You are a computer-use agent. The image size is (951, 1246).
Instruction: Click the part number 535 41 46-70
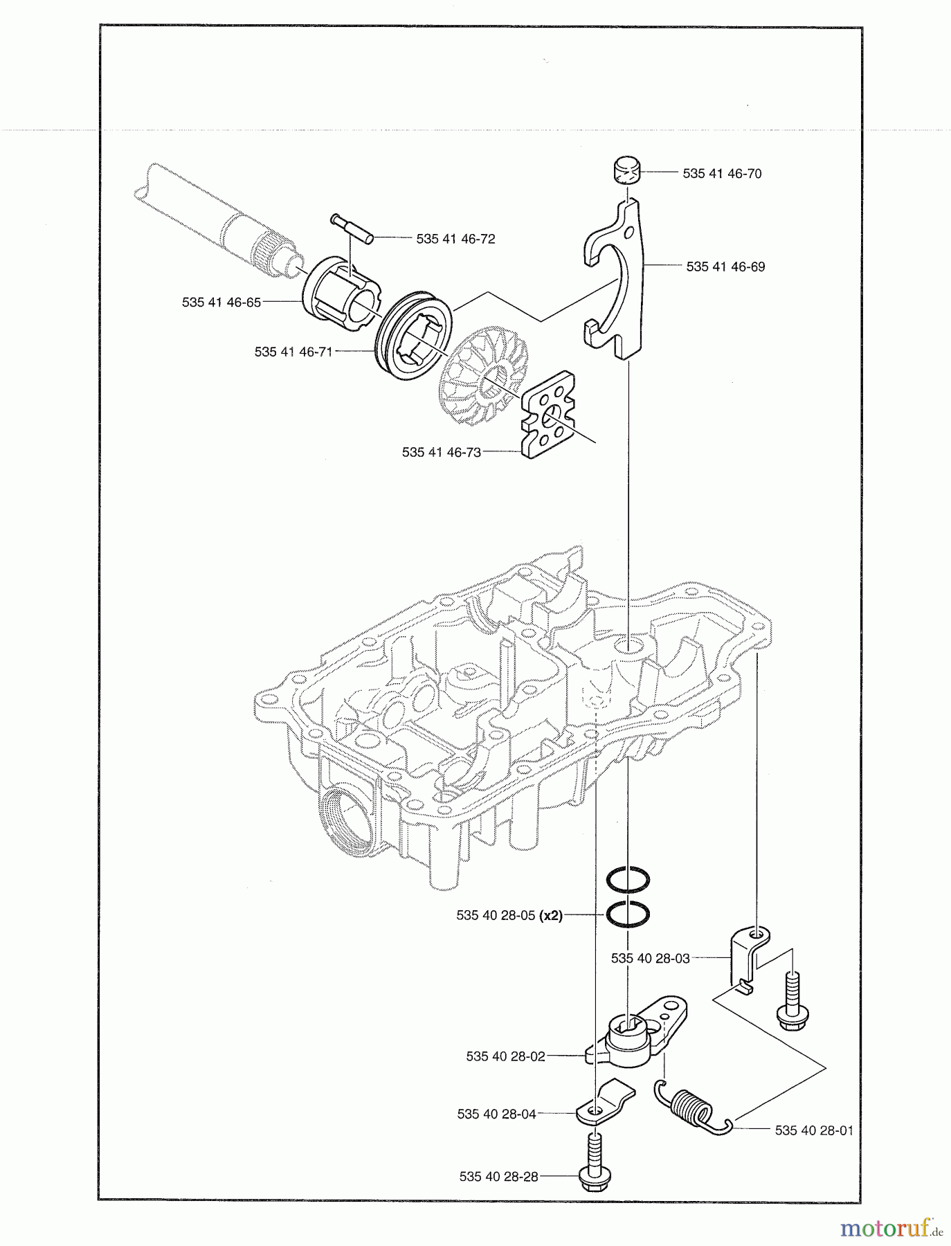pos(722,174)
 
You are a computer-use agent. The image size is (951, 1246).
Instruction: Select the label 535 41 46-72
pos(455,239)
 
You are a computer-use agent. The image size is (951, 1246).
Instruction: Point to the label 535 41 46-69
pos(725,267)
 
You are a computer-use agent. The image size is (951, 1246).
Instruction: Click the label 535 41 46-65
pos(221,303)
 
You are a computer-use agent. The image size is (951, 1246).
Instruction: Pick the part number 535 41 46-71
pos(293,352)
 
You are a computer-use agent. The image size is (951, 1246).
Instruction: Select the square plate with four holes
pos(550,414)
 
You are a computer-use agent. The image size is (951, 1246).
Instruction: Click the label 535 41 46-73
pos(441,452)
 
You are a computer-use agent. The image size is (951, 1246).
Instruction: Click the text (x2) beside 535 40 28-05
pos(551,914)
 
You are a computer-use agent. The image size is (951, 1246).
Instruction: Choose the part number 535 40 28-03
pos(651,958)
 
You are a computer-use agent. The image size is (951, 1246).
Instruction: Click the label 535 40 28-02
pos(505,1056)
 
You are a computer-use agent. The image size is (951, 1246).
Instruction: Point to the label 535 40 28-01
pos(814,1130)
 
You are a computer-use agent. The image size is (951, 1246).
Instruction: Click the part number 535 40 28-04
pos(496,1114)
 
